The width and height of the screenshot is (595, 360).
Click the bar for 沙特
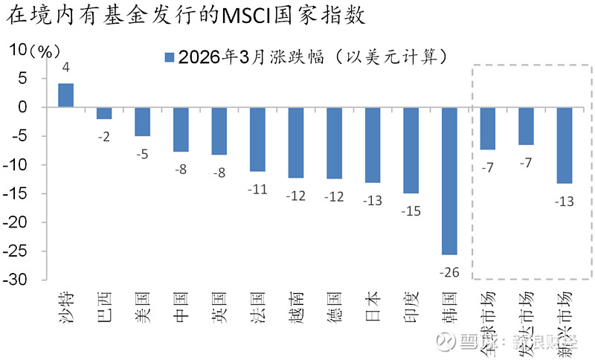pos(66,95)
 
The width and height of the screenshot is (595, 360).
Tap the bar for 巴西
pos(104,113)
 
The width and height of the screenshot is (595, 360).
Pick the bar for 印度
pos(411,150)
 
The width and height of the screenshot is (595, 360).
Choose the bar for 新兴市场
pos(565,145)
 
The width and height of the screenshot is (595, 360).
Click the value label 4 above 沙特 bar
pos(66,68)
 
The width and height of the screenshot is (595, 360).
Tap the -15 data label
pos(411,211)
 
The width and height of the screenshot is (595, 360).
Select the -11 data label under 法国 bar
pos(257,189)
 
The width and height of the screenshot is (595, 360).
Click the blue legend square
pos(168,57)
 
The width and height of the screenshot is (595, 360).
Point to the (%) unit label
pos(44,51)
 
